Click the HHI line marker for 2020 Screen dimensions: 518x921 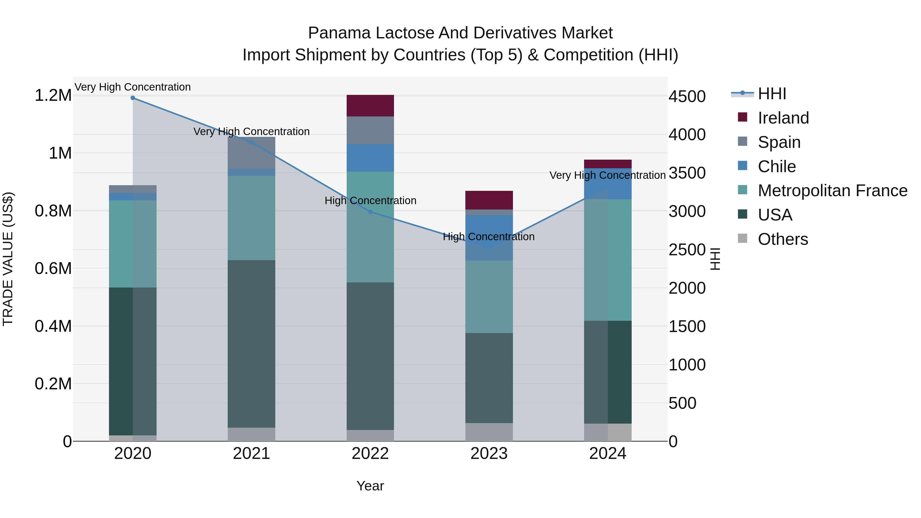click(133, 98)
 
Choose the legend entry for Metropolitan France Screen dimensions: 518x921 click(832, 191)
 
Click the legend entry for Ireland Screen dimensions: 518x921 click(783, 118)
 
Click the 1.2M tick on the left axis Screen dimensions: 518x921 click(53, 95)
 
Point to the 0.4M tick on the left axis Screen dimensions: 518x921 click(53, 326)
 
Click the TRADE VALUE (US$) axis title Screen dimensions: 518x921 click(8, 259)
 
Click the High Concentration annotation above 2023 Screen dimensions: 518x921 click(488, 237)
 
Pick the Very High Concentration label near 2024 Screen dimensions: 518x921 click(607, 175)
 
